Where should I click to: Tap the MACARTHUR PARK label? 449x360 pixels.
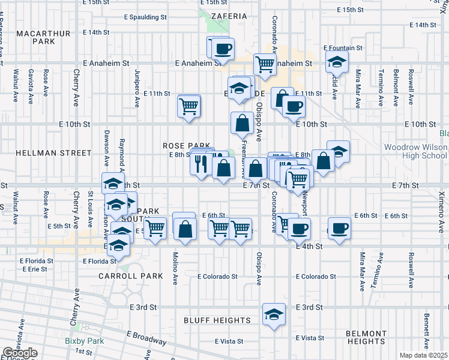[x=35, y=36]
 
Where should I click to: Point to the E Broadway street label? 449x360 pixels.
[x=146, y=337]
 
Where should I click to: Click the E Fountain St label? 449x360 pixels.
[x=343, y=47]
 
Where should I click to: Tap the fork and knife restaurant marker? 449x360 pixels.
[x=200, y=163]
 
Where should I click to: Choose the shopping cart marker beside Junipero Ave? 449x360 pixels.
[x=188, y=107]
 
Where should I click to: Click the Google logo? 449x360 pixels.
[x=20, y=353]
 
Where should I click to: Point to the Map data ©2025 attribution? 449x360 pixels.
[x=423, y=355]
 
